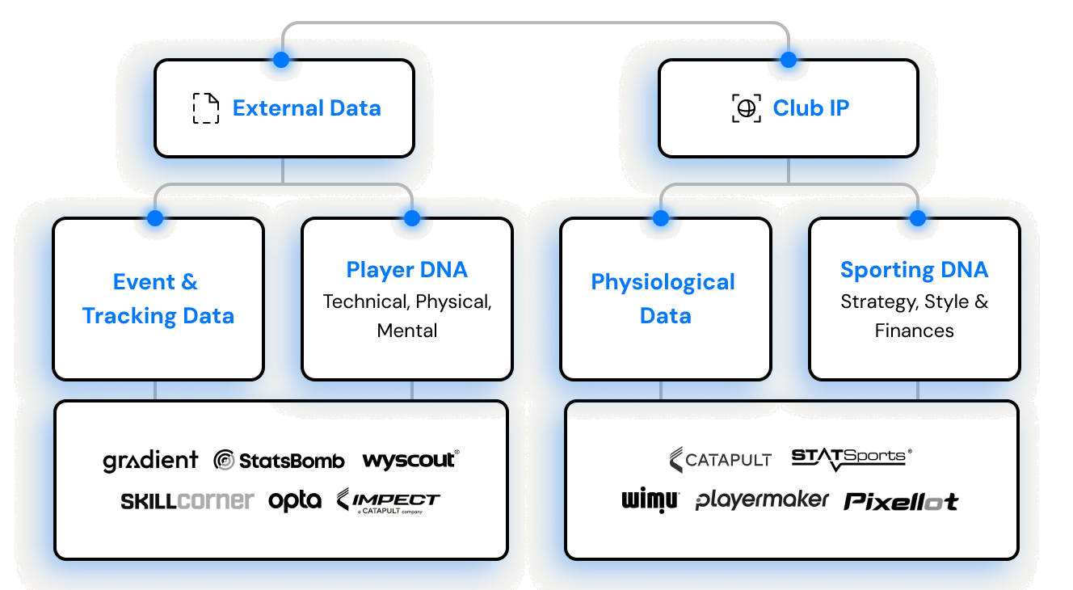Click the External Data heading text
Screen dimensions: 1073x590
coord(306,107)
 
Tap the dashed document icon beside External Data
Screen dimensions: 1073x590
coord(206,108)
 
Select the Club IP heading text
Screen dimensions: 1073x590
coord(811,107)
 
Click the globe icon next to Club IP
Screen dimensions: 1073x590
coord(747,108)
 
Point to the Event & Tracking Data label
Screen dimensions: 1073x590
coord(158,298)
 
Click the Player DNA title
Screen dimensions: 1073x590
coord(406,270)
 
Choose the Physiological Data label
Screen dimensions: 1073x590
coord(663,298)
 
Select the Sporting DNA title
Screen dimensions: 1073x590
coord(914,270)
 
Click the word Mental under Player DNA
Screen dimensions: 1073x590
coord(407,331)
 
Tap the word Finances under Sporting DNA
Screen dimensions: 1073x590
coord(914,331)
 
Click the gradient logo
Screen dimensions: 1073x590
coord(150,461)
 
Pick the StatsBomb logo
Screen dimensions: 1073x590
coord(279,461)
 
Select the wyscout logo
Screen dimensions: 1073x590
coord(410,460)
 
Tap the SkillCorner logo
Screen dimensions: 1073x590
coord(187,501)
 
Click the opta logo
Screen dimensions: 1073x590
coord(295,501)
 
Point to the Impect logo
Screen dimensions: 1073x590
coord(388,501)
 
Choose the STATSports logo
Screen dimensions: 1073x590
coord(852,459)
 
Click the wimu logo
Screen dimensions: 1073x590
coord(650,501)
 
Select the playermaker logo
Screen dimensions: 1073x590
coord(762,500)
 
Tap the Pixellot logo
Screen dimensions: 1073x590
coord(901,501)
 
